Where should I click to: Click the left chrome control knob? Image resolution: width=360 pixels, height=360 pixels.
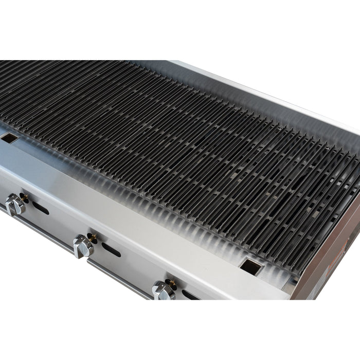pos(15,205)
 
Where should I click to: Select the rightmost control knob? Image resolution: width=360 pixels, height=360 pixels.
pos(163,291)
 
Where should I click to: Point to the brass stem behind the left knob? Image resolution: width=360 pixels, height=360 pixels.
pos(23,197)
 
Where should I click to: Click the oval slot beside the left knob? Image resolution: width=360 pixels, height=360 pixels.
pos(40,208)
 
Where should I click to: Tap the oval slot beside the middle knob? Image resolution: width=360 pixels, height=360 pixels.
pos(111,250)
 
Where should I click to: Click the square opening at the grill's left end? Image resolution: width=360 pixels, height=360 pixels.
pos(9,138)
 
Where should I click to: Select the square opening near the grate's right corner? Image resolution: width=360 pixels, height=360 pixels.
pos(251,266)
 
